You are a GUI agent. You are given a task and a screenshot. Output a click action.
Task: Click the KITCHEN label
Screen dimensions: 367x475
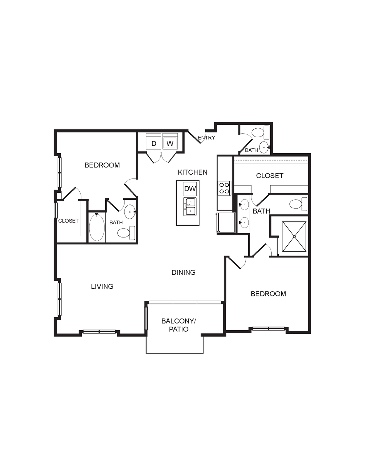(x=192, y=172)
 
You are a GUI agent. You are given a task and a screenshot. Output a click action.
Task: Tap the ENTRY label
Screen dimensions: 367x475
(x=206, y=138)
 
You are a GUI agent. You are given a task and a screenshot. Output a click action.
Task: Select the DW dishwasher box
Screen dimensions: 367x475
(x=190, y=189)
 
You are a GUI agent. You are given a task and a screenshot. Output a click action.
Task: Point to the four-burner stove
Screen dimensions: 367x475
(x=224, y=188)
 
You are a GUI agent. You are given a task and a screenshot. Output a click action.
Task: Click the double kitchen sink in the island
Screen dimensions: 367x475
(x=190, y=207)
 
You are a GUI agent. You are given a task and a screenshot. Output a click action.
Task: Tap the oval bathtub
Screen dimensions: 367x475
(x=97, y=227)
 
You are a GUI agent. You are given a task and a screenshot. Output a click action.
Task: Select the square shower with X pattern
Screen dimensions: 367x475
(x=294, y=236)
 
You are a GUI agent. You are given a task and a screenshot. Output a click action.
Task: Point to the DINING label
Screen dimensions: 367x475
(x=183, y=272)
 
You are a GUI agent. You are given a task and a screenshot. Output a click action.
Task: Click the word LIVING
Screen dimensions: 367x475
(x=102, y=286)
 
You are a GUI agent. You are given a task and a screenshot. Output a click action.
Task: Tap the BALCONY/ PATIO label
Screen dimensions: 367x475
(x=179, y=325)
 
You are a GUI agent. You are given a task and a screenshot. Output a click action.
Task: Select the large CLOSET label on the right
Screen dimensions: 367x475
(x=270, y=176)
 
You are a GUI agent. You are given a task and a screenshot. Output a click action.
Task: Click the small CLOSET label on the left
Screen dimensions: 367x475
(x=68, y=221)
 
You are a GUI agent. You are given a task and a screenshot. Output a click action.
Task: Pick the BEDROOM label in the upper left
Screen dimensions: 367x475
(x=102, y=165)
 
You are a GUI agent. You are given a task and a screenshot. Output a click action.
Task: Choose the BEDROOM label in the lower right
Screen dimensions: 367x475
(x=268, y=294)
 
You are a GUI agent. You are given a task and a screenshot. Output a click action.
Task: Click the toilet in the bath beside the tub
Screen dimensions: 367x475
(x=126, y=233)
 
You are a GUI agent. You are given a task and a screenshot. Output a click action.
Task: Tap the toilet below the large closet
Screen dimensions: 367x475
(x=298, y=204)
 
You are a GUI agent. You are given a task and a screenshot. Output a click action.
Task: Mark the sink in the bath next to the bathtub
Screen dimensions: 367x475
(x=130, y=212)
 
